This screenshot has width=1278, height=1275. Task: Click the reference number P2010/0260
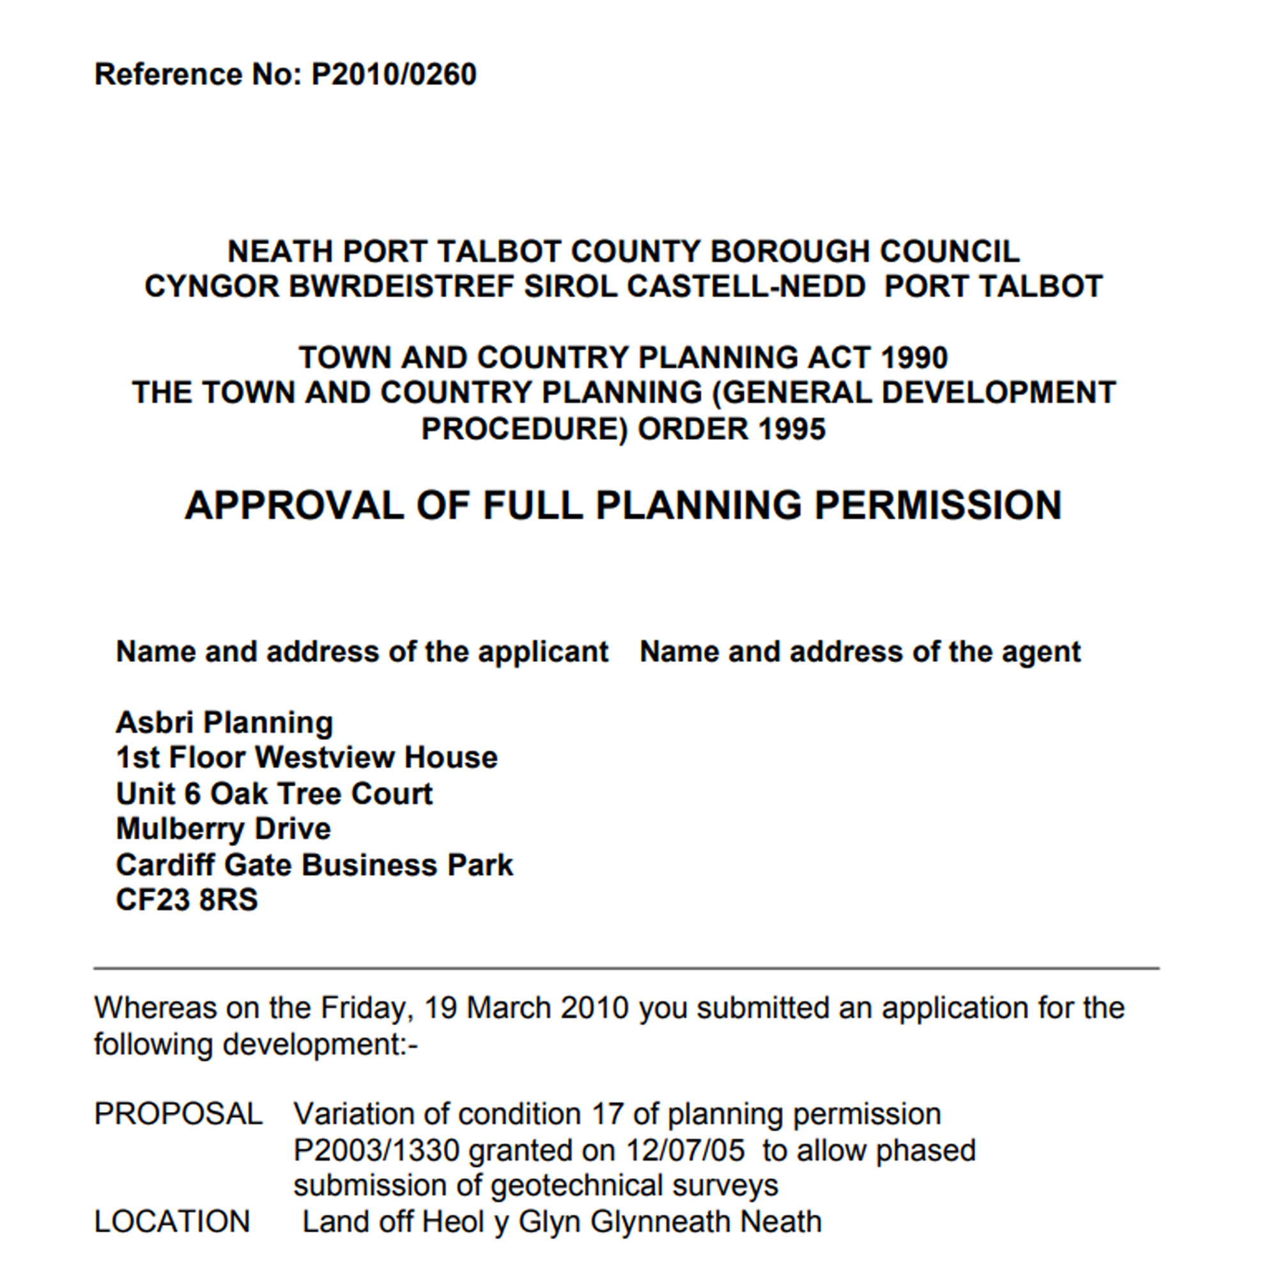tap(394, 74)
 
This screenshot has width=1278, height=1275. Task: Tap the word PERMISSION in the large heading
tap(937, 506)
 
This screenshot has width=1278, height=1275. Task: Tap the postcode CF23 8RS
tap(187, 900)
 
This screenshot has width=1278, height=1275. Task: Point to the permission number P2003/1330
tap(376, 1150)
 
